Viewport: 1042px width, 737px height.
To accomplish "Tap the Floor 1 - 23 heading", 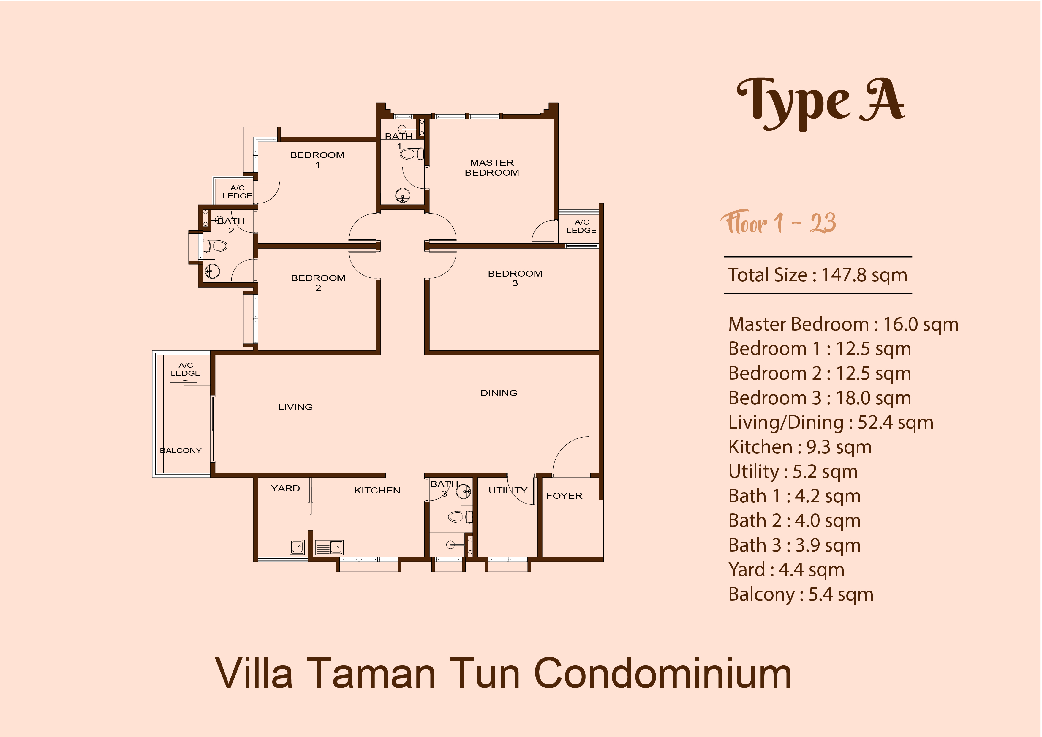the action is tap(778, 222).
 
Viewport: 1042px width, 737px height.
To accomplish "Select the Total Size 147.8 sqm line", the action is tap(817, 275).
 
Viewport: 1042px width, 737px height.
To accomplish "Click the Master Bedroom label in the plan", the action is tap(492, 168).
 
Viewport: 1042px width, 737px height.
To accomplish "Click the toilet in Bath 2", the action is tap(215, 247).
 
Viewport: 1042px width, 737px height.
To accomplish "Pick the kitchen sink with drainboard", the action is tap(329, 547).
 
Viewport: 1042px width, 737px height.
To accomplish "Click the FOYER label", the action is tap(564, 496).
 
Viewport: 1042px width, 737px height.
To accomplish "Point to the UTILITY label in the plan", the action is tap(508, 490).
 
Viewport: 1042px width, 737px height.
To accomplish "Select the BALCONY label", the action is tap(181, 450).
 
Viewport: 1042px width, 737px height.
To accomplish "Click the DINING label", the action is tap(499, 393).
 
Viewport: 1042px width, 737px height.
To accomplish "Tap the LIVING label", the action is tap(295, 407).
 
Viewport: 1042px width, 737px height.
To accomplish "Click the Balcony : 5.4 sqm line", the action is tap(801, 594).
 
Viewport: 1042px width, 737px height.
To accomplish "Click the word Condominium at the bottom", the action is tap(662, 674).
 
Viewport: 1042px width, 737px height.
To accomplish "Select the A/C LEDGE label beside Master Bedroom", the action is tap(581, 226).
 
